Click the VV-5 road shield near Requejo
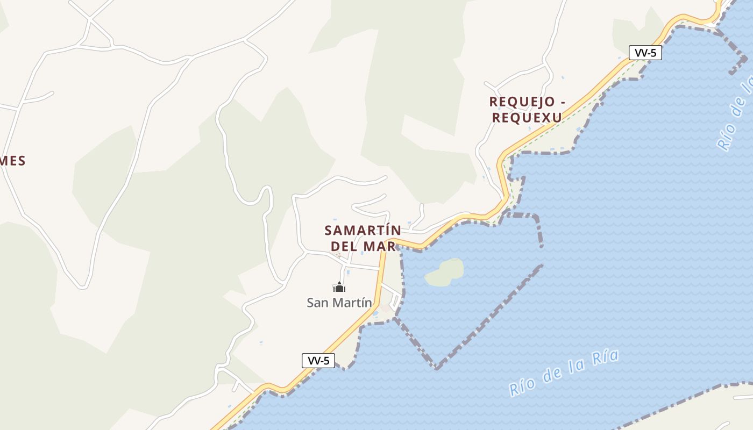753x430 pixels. click(x=645, y=53)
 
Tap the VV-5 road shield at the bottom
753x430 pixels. click(x=318, y=361)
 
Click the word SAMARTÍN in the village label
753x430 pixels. click(x=363, y=231)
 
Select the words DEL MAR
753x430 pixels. click(x=363, y=246)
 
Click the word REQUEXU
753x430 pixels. click(x=527, y=117)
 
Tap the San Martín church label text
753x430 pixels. click(x=339, y=303)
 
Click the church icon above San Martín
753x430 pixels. click(x=339, y=287)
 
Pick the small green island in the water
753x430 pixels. click(x=445, y=273)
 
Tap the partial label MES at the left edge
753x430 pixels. click(x=13, y=161)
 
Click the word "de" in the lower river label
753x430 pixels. click(x=552, y=375)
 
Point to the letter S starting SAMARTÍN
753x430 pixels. click(x=329, y=231)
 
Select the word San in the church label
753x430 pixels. click(x=317, y=303)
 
